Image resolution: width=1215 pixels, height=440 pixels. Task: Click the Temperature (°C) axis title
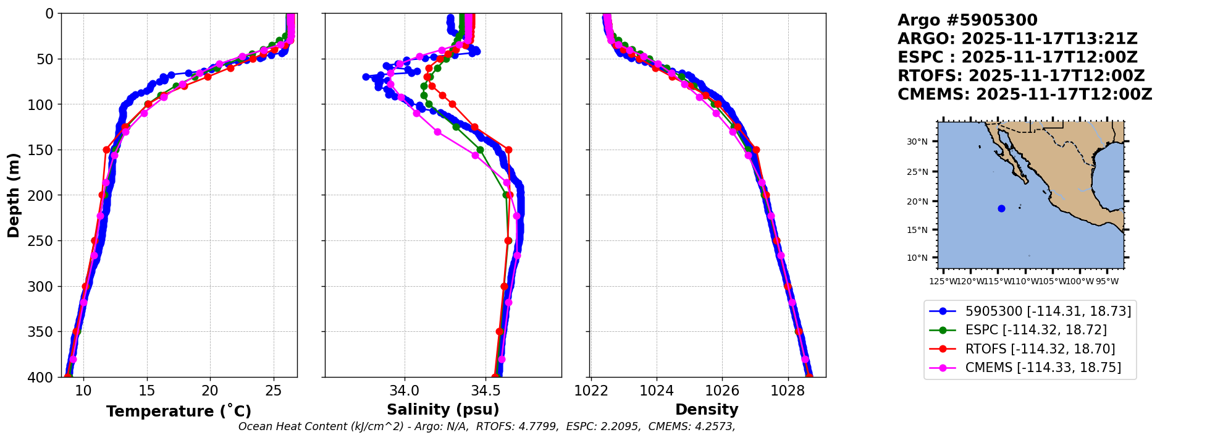pyautogui.click(x=179, y=411)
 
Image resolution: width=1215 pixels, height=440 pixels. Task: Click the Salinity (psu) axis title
pyautogui.click(x=443, y=410)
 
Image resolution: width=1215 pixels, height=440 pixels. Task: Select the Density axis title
pyautogui.click(x=707, y=410)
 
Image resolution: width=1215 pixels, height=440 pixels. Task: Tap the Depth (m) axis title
pyautogui.click(x=14, y=195)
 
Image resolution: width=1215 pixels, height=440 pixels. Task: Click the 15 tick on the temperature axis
pyautogui.click(x=147, y=391)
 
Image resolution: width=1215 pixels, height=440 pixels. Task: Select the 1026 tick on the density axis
pyautogui.click(x=722, y=391)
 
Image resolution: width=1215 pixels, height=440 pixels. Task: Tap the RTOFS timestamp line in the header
pyautogui.click(x=1021, y=76)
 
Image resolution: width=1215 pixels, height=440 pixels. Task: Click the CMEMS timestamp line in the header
pyautogui.click(x=1025, y=95)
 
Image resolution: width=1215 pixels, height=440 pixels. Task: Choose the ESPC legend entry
pyautogui.click(x=1036, y=330)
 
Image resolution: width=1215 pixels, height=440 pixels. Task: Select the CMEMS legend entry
pyautogui.click(x=1043, y=368)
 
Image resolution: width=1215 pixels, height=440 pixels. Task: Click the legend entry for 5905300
pyautogui.click(x=1048, y=311)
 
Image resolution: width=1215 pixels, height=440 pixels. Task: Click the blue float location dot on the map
pyautogui.click(x=1001, y=208)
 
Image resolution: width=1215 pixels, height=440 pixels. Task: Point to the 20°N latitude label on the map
pyautogui.click(x=917, y=201)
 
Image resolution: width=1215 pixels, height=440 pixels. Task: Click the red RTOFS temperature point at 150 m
pyautogui.click(x=106, y=150)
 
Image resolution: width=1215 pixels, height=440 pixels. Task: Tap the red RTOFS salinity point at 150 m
pyautogui.click(x=508, y=150)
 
